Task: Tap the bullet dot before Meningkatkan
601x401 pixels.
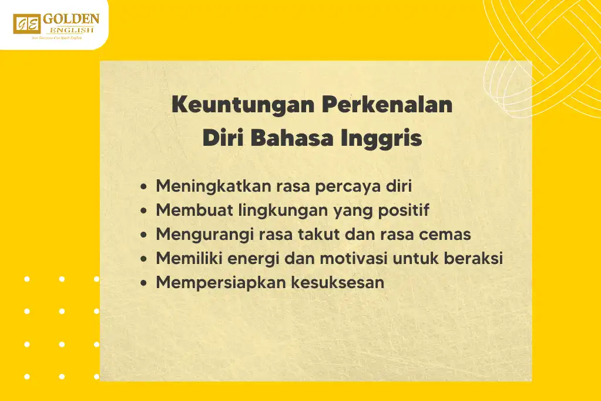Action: click(145, 187)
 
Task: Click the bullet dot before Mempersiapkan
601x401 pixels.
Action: click(145, 283)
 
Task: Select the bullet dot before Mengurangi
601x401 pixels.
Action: click(145, 235)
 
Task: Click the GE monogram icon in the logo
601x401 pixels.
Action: click(26, 24)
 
